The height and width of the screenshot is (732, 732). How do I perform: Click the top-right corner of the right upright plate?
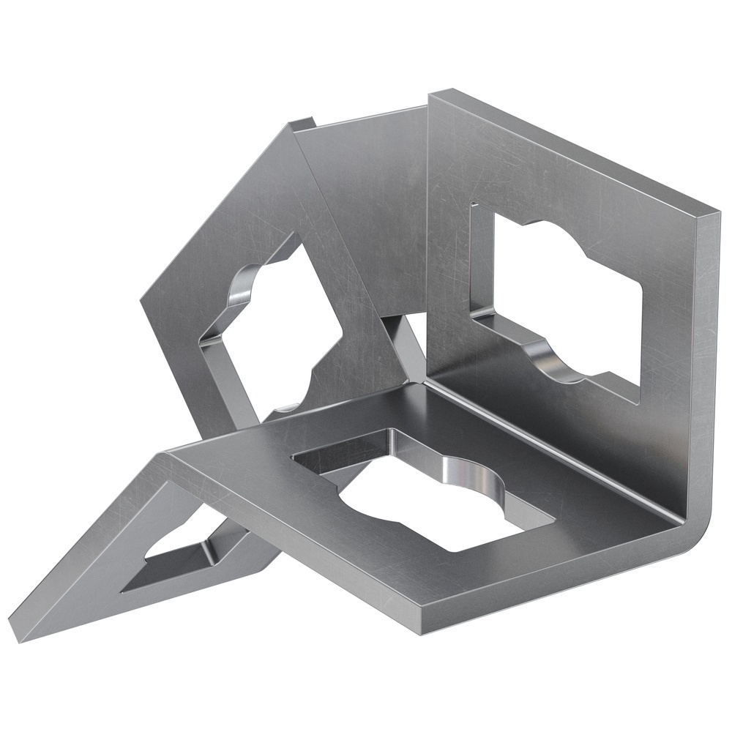714,212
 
